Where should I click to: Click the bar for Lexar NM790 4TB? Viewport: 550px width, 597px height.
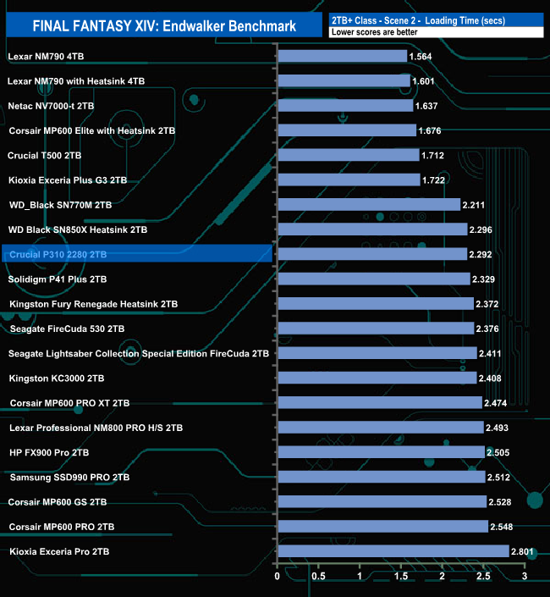point(342,56)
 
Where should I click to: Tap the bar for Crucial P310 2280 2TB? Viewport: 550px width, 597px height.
point(372,254)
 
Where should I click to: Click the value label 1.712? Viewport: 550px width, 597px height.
point(433,155)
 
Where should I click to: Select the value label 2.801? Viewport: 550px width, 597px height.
point(525,551)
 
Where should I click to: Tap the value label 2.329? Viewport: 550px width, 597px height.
point(485,279)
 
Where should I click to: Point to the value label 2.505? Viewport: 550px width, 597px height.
point(499,452)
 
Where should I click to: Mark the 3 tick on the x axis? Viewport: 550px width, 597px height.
point(525,578)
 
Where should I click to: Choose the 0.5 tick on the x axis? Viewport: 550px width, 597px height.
point(318,578)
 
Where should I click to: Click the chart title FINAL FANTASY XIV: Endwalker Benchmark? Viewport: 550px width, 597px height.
point(164,26)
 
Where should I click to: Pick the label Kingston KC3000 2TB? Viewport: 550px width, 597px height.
point(57,378)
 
